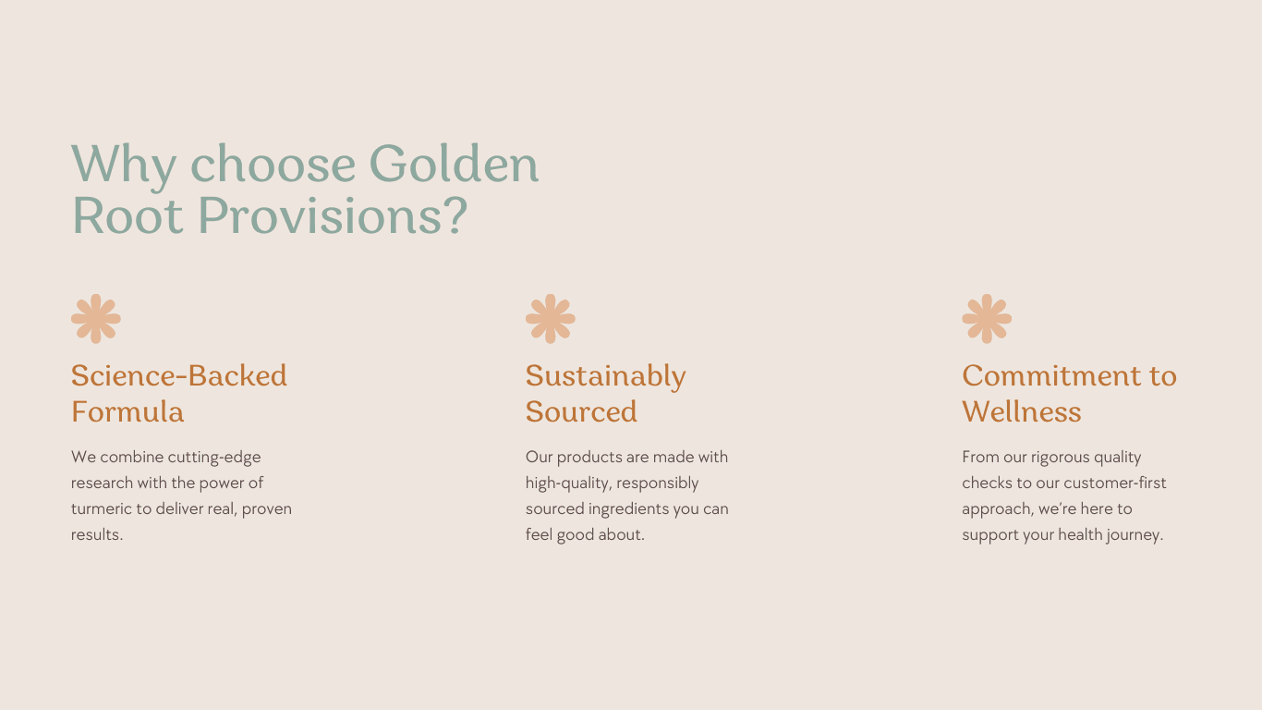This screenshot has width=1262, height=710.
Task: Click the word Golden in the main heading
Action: [455, 163]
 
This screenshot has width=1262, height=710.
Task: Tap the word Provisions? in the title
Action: [333, 216]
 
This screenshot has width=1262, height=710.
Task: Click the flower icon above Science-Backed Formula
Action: [96, 319]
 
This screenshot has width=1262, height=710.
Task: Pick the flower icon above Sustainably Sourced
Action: [551, 319]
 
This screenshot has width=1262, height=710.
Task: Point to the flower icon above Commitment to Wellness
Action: [987, 319]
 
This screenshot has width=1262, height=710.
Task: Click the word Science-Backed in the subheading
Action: [179, 375]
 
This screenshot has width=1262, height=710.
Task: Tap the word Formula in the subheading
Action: [127, 411]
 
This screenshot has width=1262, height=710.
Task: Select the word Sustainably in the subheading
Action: [606, 377]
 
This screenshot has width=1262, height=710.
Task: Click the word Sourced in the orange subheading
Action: [581, 411]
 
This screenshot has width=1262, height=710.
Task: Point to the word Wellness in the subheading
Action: [1022, 411]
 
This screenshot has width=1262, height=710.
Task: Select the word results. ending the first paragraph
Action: [97, 534]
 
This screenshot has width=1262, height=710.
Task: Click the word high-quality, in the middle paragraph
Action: [568, 484]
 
